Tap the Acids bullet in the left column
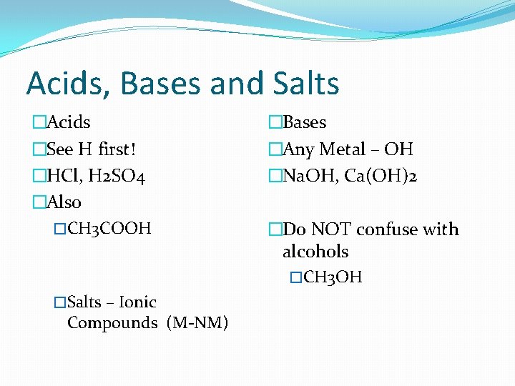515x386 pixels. coord(68,122)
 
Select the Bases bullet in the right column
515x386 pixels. coord(305,122)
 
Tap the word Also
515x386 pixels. coord(64,202)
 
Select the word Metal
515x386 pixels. coord(342,149)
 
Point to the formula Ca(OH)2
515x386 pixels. coord(381,176)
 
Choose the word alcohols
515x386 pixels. coord(315,252)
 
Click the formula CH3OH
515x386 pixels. coord(333,277)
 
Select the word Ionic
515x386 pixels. coord(137,302)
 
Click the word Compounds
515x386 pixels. coord(112,323)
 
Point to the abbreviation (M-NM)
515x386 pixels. coord(197,323)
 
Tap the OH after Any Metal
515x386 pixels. coord(398,149)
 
